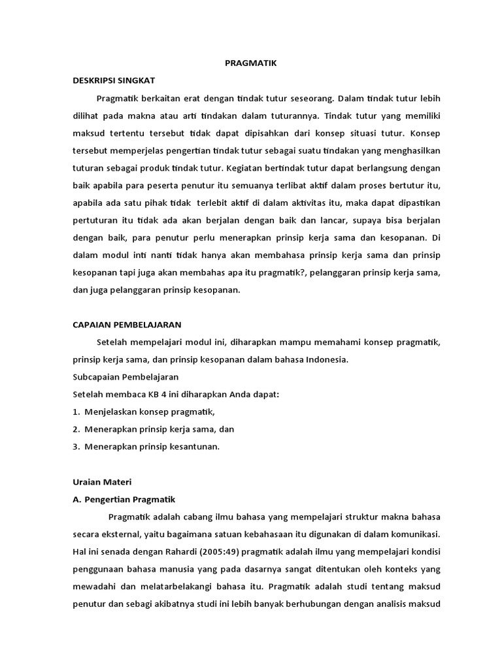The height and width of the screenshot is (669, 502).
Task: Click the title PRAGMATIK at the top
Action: point(252,63)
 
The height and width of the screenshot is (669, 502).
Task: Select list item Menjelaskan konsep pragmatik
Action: point(149,412)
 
